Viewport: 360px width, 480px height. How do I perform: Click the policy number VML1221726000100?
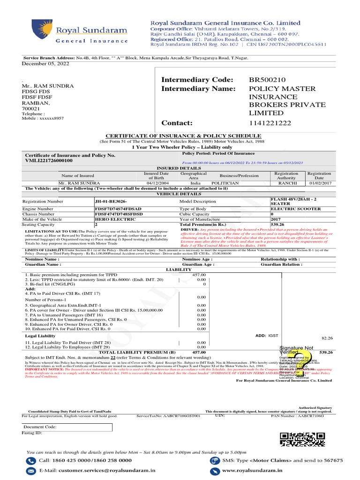tap(49, 160)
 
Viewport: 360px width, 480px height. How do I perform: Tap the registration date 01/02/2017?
tap(319, 183)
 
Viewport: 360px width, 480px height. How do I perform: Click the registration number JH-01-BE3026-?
tap(111, 201)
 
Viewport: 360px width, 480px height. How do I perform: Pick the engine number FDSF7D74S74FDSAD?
tap(118, 208)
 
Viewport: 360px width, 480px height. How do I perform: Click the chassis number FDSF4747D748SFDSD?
tap(119, 214)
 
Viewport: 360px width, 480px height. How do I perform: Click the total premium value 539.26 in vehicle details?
tap(278, 225)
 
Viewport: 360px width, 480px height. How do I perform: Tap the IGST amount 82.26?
tap(327, 338)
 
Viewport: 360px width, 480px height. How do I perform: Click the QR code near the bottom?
tap(302, 439)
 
